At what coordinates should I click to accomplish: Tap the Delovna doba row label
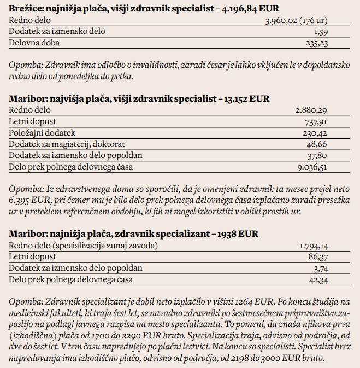(34, 42)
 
